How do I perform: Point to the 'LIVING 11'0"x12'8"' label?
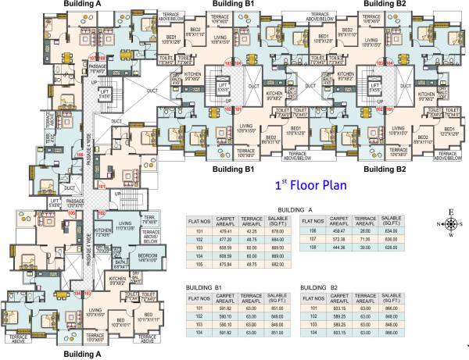[124, 226]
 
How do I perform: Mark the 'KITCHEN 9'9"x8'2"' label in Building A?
[117, 280]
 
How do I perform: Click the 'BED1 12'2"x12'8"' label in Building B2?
[448, 130]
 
